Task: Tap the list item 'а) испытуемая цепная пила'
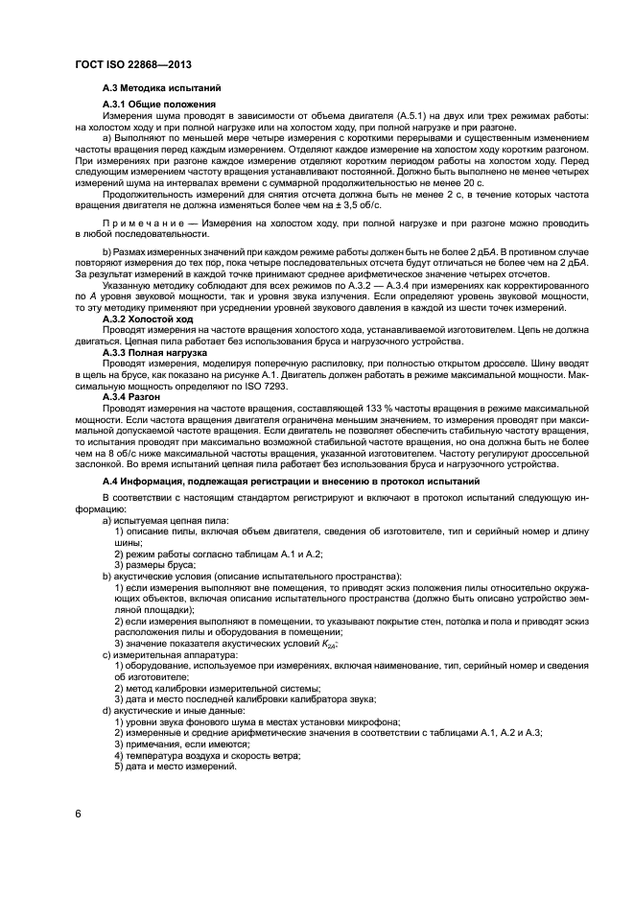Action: tap(158, 520)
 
